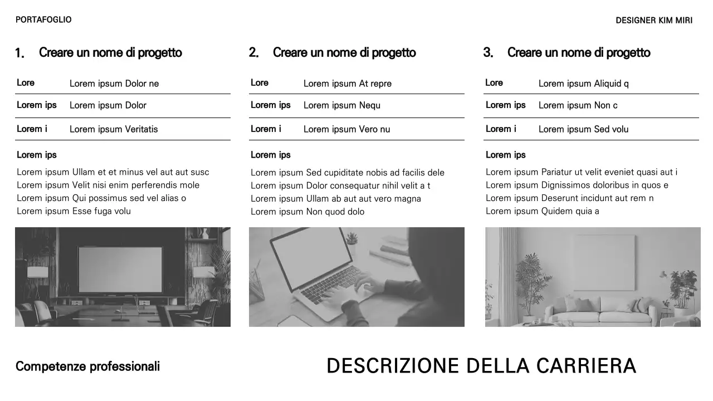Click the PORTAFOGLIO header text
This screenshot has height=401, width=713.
pos(43,20)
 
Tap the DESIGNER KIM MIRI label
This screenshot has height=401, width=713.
pos(654,21)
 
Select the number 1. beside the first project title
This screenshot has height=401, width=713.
pos(19,53)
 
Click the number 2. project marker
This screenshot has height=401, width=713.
pos(253,53)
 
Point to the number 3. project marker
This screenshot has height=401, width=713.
pos(488,53)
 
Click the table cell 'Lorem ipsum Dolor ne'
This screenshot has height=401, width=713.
pos(114,84)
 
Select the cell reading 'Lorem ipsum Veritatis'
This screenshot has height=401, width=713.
pos(114,129)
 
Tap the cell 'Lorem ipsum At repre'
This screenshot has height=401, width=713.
pos(348,84)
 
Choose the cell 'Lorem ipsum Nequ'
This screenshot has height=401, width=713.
pos(342,105)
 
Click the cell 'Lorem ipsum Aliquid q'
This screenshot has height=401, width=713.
pos(583,84)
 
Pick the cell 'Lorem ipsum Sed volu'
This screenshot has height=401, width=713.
pos(583,129)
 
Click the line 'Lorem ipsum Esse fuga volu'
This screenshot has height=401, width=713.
pos(74,211)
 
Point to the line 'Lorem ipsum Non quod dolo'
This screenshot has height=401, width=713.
pos(307,212)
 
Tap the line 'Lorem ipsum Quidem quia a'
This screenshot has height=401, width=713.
pos(543,211)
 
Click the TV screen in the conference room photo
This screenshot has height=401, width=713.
pos(120,270)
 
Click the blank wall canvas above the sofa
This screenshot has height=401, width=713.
pos(605,262)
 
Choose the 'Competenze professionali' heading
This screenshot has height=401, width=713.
pos(87,366)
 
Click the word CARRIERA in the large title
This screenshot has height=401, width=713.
pos(586,366)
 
